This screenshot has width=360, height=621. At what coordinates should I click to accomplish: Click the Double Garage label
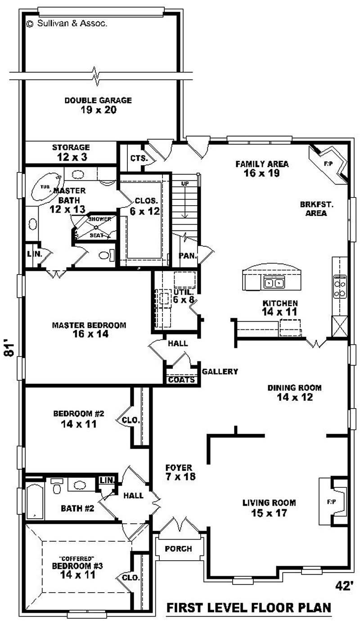(x=98, y=105)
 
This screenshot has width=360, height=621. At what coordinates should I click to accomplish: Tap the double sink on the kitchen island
(x=274, y=283)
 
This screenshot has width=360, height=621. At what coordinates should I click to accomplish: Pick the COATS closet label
(x=181, y=380)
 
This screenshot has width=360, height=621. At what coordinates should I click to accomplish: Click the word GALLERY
(x=220, y=372)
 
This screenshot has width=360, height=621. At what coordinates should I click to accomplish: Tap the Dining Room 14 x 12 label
(x=295, y=392)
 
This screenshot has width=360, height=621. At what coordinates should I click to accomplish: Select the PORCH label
(x=178, y=549)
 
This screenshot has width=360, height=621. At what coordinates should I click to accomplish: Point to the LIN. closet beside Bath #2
(x=106, y=480)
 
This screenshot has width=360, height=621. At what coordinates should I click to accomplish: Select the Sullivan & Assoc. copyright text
(x=67, y=23)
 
